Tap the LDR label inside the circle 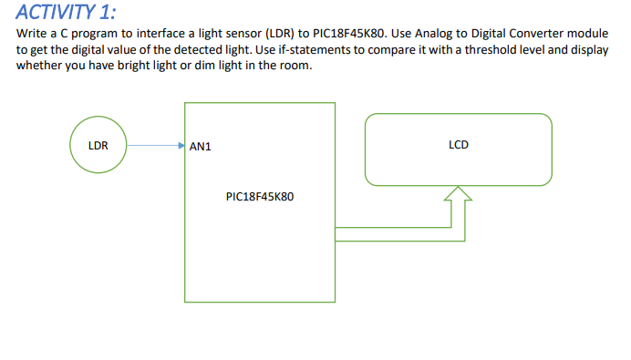(98, 144)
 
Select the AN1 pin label (201, 145)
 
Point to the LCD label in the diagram (459, 144)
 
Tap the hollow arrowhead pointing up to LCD (459, 193)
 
